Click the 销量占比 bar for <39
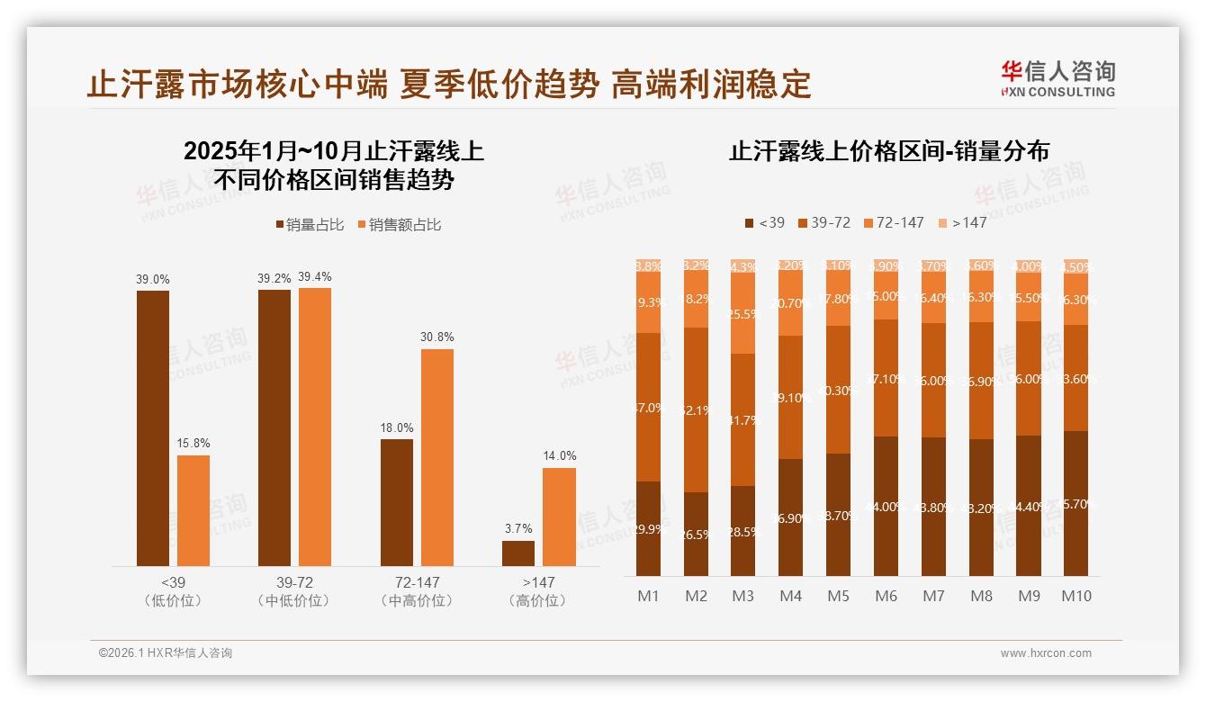tap(153, 427)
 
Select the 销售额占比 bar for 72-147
tap(437, 457)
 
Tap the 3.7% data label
tap(518, 528)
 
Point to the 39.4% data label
tap(314, 276)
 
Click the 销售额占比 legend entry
tap(400, 225)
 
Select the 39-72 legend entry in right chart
tap(823, 222)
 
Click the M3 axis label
tap(742, 596)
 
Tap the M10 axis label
tap(1075, 596)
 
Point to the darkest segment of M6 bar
tap(886, 506)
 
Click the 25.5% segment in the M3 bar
tap(742, 313)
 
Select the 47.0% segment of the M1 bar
tap(648, 407)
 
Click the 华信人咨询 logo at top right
tap(1057, 78)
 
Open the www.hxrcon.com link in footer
tap(1046, 653)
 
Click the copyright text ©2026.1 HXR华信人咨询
tap(166, 653)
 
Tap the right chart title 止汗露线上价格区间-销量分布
tap(888, 151)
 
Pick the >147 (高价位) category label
tap(537, 591)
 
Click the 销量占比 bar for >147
tap(518, 553)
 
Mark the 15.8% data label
tap(193, 444)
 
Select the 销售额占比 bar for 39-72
tap(315, 427)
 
